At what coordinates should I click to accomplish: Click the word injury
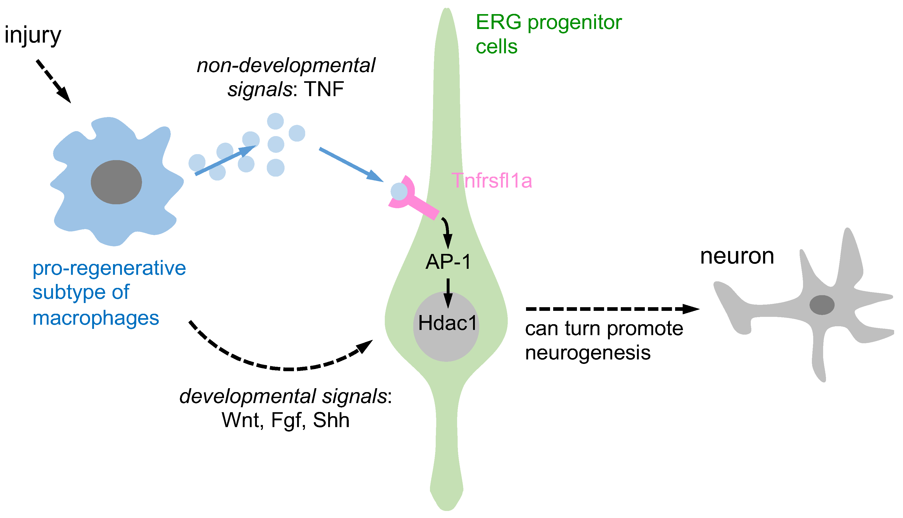click(x=33, y=36)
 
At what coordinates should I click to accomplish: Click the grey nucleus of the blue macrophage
click(x=116, y=182)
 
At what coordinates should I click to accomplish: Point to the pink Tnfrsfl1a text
click(x=492, y=181)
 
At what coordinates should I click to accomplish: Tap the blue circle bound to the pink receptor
click(x=399, y=191)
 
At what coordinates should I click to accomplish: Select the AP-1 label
click(x=448, y=262)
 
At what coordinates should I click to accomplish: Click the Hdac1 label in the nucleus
click(x=447, y=323)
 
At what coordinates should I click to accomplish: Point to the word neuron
click(x=737, y=256)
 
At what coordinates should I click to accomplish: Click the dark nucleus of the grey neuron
click(x=822, y=305)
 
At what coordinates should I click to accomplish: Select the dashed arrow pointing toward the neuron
click(x=611, y=309)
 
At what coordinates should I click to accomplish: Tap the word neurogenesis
click(x=588, y=353)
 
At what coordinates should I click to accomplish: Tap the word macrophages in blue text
click(x=96, y=318)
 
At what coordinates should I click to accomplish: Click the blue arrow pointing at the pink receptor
click(x=350, y=164)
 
